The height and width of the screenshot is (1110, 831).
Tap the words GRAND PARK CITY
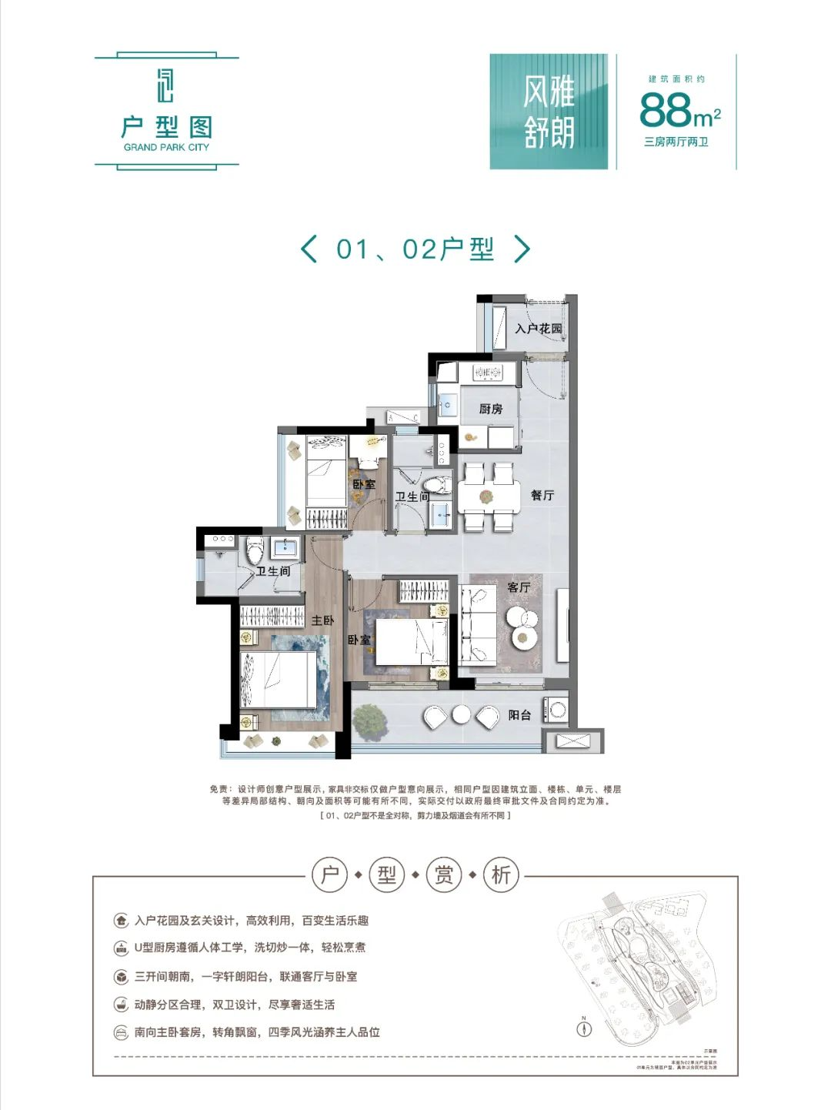point(166,147)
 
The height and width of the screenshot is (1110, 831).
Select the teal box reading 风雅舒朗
point(549,112)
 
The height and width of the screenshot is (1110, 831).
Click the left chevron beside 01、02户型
point(309,249)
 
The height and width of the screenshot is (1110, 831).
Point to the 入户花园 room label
point(539,329)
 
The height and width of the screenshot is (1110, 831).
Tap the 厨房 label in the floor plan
point(491,409)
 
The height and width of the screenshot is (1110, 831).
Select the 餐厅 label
point(542,495)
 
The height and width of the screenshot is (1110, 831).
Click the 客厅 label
point(519,587)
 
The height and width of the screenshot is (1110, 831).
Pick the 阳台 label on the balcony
point(519,715)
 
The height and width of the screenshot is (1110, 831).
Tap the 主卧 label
point(322,620)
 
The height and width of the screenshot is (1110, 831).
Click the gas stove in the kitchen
point(487,373)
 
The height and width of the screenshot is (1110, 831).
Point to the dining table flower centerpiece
point(486,497)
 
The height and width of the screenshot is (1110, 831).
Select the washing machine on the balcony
point(556,710)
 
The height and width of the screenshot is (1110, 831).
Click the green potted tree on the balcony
point(369,720)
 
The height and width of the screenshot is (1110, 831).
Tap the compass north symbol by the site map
point(584,1028)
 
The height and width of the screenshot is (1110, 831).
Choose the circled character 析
point(501,875)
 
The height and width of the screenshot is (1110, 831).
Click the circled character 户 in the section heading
point(330,875)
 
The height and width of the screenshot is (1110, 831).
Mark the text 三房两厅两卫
point(676,142)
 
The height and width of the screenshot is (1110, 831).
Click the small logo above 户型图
point(165,85)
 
